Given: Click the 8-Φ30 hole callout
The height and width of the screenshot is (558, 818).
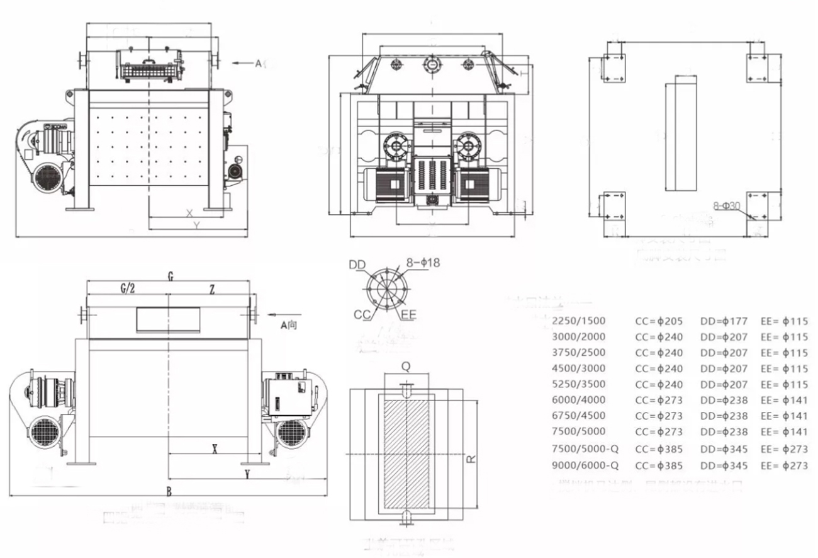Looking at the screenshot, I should [x=731, y=206].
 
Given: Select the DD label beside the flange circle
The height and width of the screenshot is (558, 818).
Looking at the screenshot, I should [x=357, y=265].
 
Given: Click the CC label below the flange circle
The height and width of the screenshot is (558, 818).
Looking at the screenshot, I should [x=362, y=313].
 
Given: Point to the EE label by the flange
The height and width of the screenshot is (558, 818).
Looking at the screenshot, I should [x=408, y=313].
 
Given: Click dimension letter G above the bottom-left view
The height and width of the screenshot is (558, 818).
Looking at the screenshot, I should [x=171, y=276].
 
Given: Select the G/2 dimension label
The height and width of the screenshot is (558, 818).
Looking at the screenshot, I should [x=127, y=288].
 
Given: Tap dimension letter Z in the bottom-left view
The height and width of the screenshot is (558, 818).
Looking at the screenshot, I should [x=213, y=288].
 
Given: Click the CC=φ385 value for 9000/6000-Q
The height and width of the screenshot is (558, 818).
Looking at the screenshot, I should [x=659, y=466].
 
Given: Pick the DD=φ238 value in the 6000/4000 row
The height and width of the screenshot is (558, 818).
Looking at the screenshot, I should [x=724, y=400].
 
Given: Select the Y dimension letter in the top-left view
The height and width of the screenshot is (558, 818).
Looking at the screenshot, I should [x=196, y=225].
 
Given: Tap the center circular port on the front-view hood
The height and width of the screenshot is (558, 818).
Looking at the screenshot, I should [x=432, y=64].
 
